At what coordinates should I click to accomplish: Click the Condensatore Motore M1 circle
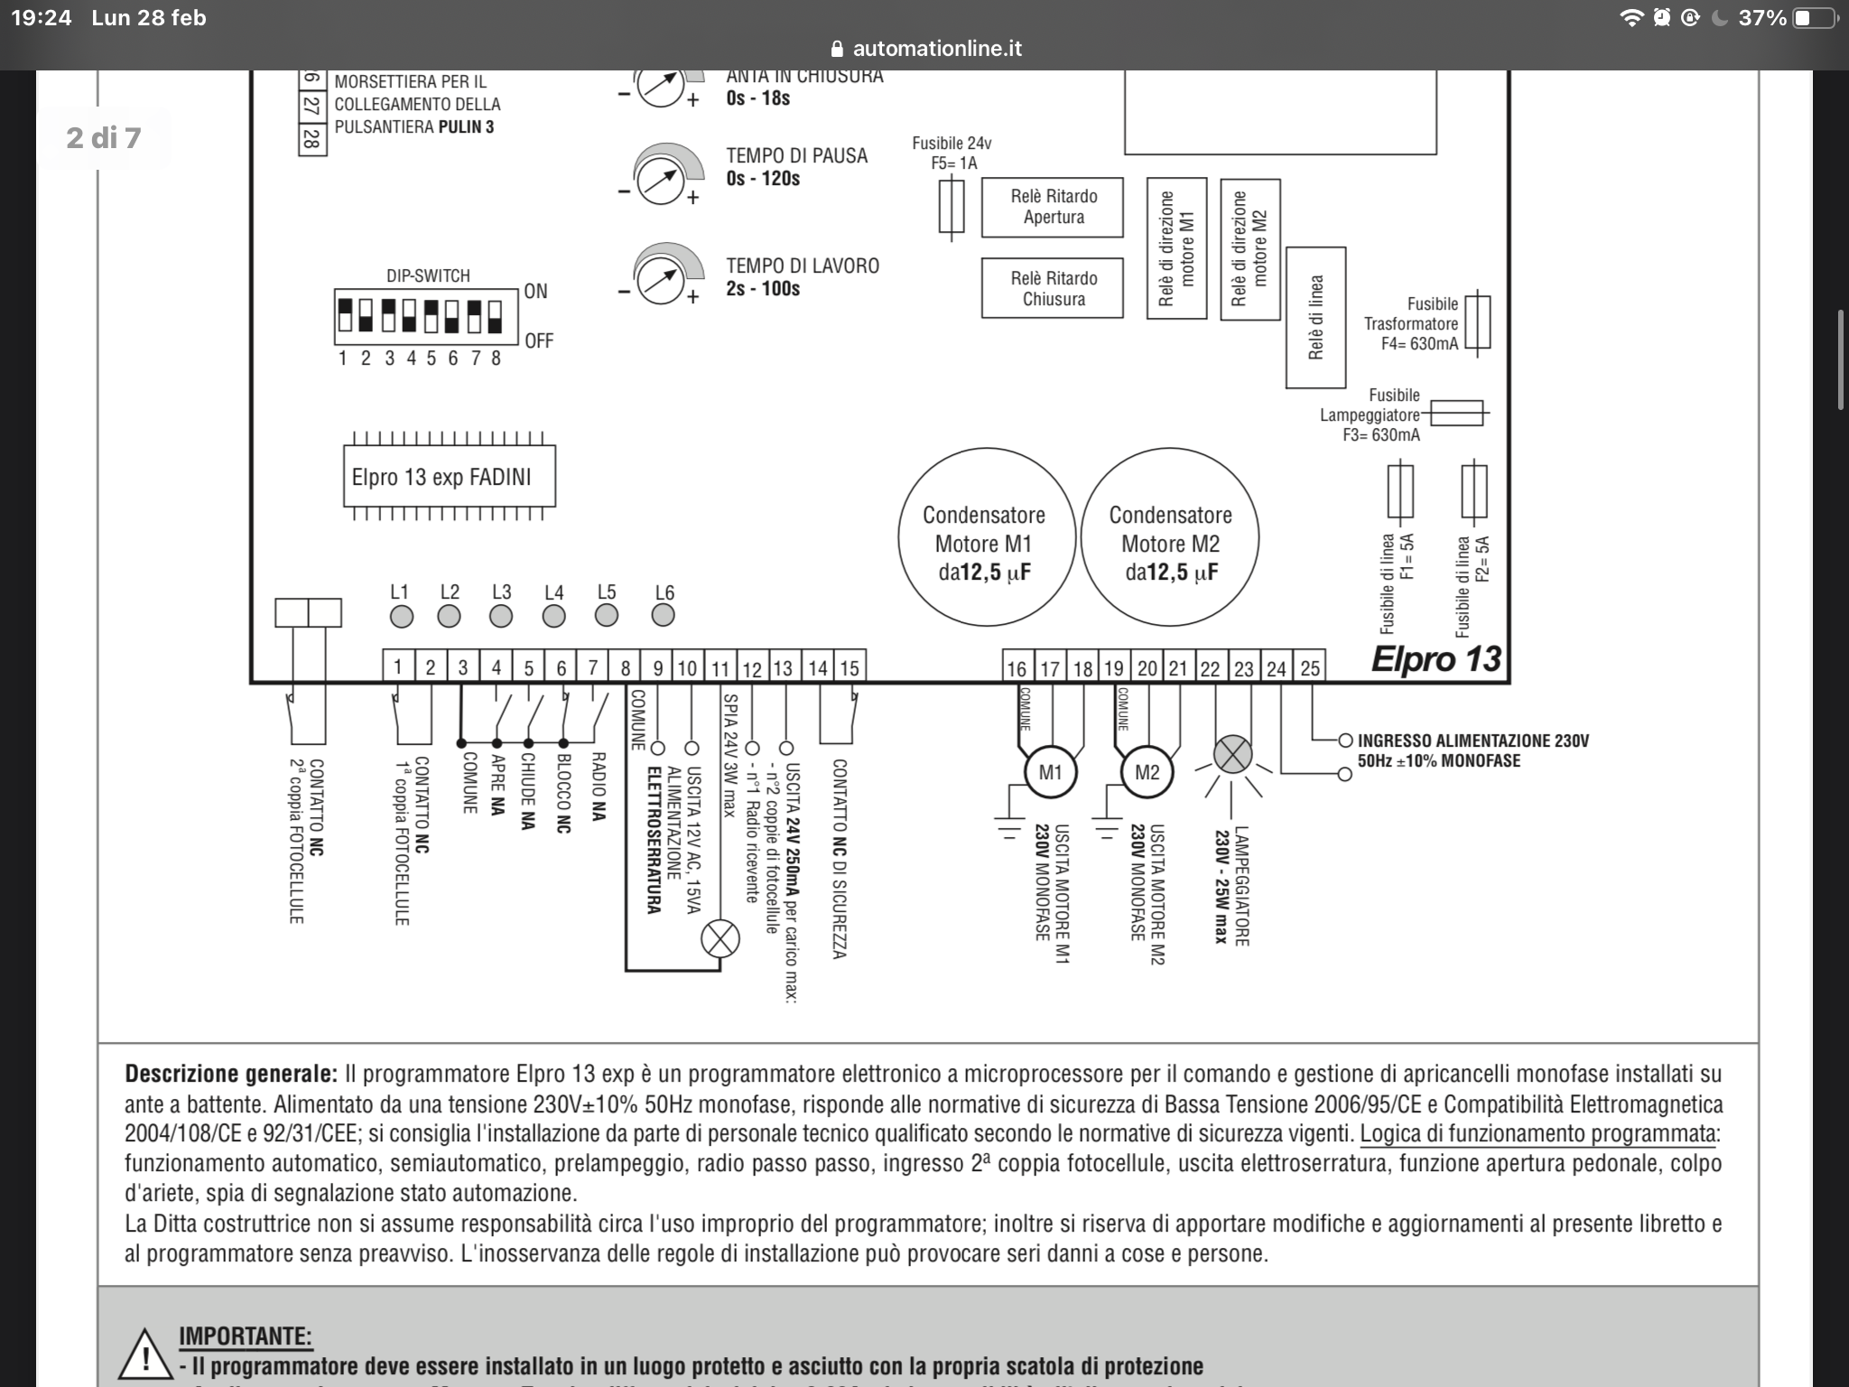pos(985,537)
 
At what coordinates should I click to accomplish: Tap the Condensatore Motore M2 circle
pos(1170,537)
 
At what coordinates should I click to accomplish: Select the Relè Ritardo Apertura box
pos(1053,207)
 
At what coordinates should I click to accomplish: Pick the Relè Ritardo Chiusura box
pos(1053,289)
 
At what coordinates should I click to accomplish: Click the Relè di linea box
pos(1315,317)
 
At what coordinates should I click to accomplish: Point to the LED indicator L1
pos(401,616)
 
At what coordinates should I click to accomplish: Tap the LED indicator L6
pos(663,615)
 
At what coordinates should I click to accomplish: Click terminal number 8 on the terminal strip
pos(626,668)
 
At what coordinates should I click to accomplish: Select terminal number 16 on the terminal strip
pos(1017,668)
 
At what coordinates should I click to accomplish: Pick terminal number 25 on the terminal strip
pos(1310,668)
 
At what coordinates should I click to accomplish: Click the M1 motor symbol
pos(1050,773)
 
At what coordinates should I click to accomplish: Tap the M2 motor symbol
pos(1147,773)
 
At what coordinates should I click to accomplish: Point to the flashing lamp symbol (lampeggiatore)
pos(1232,755)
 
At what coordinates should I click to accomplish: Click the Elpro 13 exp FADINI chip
pos(450,477)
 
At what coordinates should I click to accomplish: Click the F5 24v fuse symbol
pos(952,207)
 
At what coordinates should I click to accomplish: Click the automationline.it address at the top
pos(936,49)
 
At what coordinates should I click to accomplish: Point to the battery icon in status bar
pos(1813,18)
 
